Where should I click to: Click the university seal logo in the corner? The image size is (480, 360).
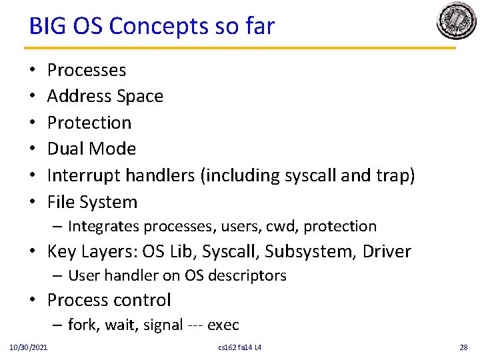456,21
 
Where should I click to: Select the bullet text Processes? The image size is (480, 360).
87,70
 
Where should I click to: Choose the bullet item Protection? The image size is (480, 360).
89,123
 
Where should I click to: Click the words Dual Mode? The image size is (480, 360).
91,149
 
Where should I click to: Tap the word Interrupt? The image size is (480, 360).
82,175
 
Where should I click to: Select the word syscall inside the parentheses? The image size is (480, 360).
310,175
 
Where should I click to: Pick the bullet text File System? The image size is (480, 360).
92,202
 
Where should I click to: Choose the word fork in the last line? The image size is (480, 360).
81,325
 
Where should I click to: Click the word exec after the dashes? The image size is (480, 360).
223,325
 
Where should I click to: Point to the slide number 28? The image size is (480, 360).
463,348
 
